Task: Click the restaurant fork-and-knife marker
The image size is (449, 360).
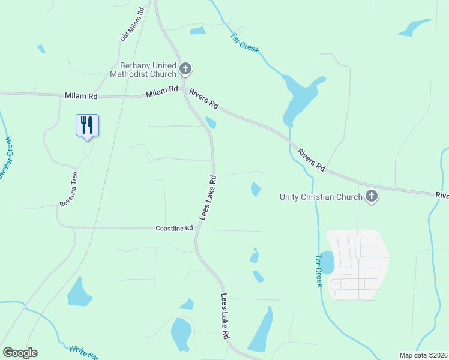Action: (87, 125)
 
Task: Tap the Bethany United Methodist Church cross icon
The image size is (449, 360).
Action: (185, 69)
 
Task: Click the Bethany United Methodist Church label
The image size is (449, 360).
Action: (143, 70)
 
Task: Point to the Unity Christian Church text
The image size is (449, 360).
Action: (321, 196)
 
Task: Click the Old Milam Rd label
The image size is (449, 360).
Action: (132, 25)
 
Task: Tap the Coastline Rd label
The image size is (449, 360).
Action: (174, 229)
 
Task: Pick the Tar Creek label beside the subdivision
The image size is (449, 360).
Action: (319, 270)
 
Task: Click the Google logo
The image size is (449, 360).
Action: (20, 353)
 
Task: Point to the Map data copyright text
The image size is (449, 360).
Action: (424, 355)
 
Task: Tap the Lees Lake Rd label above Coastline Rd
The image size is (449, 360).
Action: (208, 197)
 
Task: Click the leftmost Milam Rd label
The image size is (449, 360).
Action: (81, 96)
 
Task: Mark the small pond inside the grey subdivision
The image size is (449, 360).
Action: (328, 262)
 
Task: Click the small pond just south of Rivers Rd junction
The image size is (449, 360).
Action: (210, 123)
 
